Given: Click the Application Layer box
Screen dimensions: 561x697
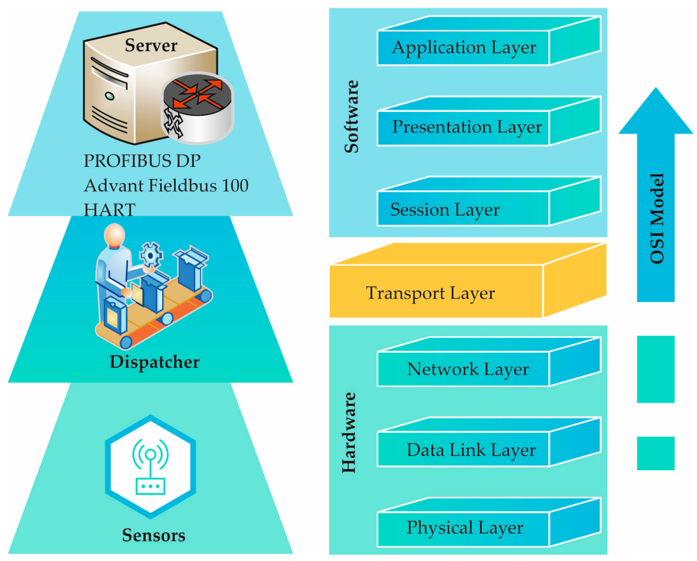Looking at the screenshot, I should [464, 48].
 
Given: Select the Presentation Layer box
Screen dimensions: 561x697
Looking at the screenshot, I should [467, 127].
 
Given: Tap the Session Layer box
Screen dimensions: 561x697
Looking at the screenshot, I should [445, 210].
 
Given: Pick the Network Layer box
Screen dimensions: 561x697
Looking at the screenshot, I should [468, 369].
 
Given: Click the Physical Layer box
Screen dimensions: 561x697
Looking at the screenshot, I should [465, 528].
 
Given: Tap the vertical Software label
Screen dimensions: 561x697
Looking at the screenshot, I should [351, 116].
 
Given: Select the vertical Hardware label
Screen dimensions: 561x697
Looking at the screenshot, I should [349, 433].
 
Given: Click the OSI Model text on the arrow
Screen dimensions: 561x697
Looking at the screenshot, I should [657, 218].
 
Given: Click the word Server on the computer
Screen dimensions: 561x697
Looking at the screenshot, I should [151, 45].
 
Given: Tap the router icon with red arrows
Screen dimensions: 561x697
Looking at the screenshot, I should [198, 108].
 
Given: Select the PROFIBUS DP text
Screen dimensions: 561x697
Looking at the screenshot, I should [142, 161].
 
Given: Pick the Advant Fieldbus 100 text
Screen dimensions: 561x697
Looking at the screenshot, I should [166, 186].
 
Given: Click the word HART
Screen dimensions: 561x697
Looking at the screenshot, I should [109, 210].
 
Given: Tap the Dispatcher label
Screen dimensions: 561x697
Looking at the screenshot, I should [155, 362].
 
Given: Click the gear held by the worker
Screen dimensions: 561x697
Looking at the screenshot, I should [151, 255].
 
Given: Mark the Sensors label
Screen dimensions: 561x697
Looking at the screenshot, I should [154, 535].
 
